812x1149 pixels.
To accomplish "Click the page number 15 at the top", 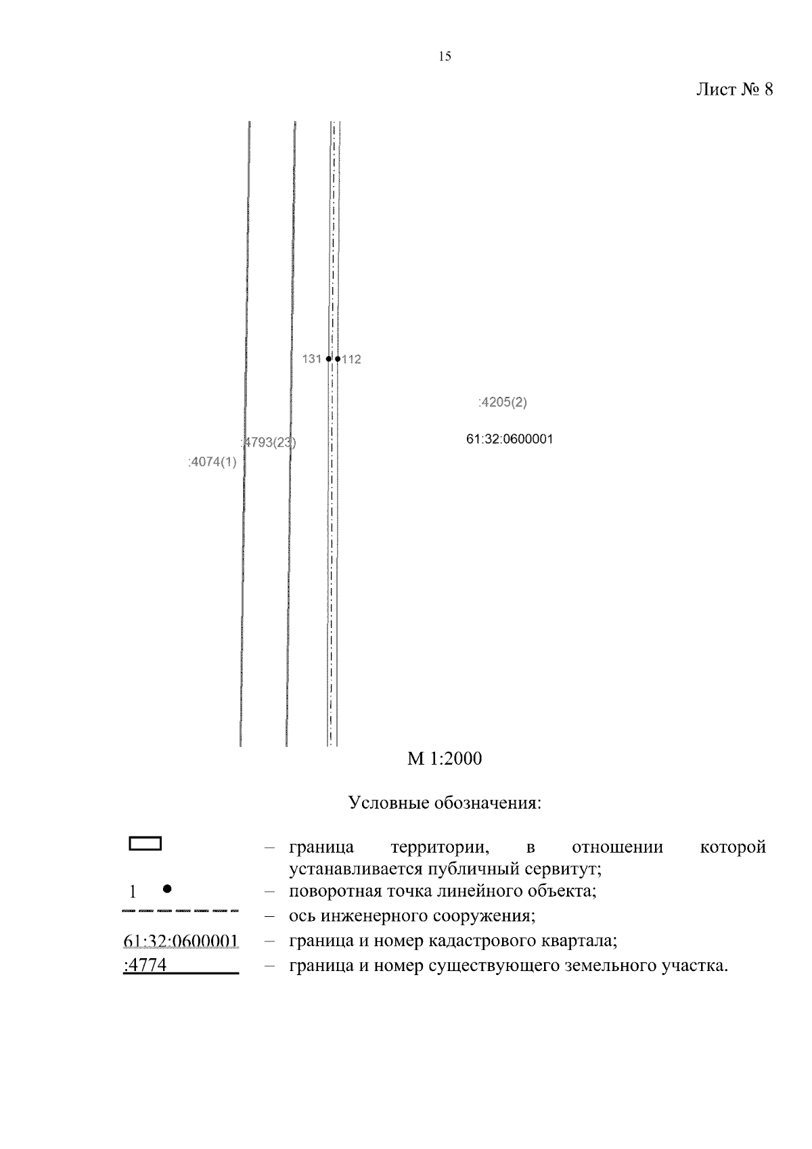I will pos(445,57).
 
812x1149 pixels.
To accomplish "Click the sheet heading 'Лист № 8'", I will pos(734,90).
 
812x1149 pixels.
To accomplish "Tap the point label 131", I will pos(312,359).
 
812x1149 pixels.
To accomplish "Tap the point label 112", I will pos(352,360).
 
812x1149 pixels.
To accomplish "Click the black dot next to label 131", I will pos(328,359).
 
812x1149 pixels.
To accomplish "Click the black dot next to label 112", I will pos(338,359).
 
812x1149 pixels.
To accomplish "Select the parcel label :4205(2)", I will pos(502,403).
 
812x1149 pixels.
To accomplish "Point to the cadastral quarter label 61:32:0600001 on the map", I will pos(510,439).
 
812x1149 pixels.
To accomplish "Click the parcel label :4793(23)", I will pos(269,443).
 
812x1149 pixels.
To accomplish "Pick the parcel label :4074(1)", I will pos(212,463).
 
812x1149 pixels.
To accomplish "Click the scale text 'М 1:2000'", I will pos(445,759).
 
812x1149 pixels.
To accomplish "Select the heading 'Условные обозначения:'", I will pos(445,803).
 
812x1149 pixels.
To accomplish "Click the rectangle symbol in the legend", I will pos(145,843).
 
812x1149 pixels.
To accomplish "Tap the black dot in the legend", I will pos(167,888).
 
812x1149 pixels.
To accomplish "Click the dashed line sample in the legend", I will pos(181,911).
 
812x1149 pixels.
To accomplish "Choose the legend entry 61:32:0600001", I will pos(181,941).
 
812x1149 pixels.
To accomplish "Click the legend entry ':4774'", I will pos(145,966).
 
